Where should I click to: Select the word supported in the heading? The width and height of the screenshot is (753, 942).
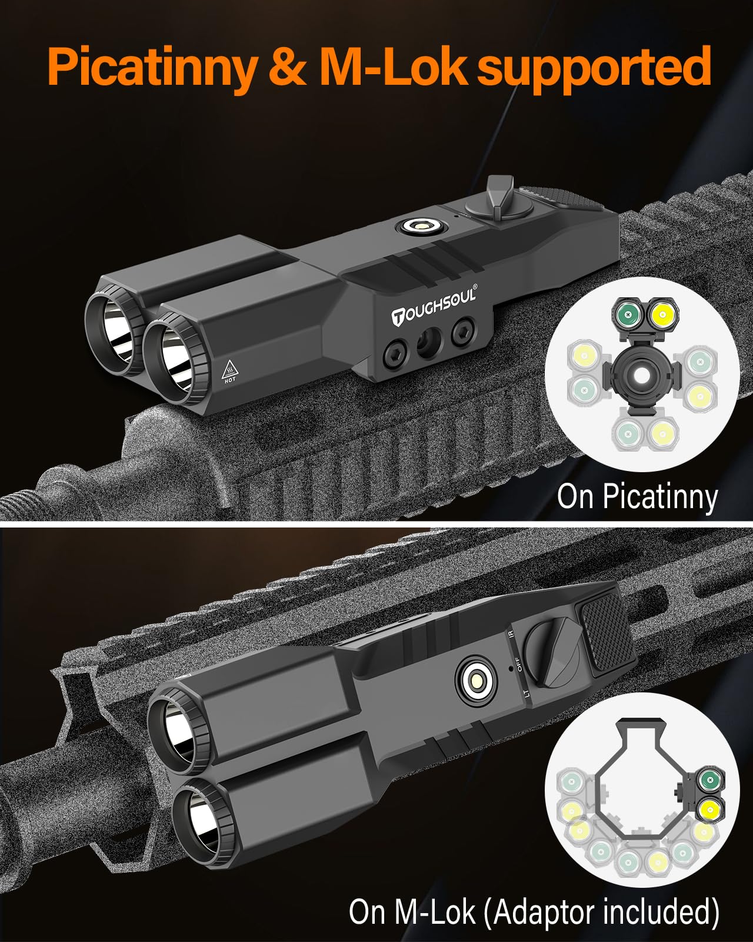tap(594, 68)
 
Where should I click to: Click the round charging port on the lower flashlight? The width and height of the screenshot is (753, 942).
tap(476, 682)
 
